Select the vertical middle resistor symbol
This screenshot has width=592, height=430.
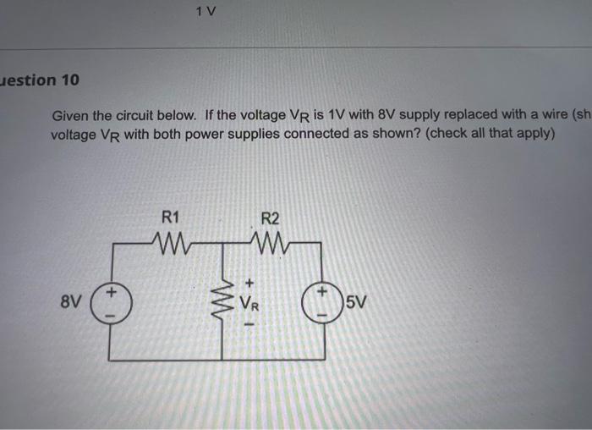223,299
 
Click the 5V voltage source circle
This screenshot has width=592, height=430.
322,301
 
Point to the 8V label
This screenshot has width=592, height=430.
73,300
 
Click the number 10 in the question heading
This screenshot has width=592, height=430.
70,80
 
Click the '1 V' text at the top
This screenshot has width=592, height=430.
205,12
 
